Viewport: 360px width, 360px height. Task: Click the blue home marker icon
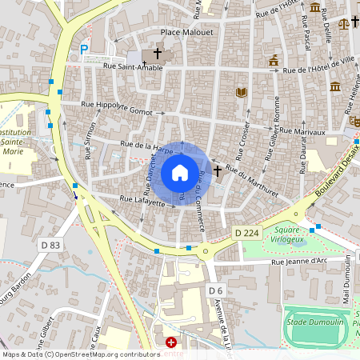tap(180, 173)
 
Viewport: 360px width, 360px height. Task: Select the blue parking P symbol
tap(84, 50)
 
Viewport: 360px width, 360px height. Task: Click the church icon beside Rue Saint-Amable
tap(157, 54)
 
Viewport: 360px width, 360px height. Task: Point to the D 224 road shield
tap(247, 232)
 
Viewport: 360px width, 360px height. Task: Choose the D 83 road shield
tap(50, 245)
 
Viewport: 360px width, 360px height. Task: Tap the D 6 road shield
tap(214, 290)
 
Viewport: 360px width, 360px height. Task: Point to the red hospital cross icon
tap(170, 342)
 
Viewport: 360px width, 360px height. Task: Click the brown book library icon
tap(241, 93)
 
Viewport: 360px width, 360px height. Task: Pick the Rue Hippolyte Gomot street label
tap(118, 105)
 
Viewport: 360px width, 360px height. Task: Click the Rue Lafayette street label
tap(142, 201)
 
